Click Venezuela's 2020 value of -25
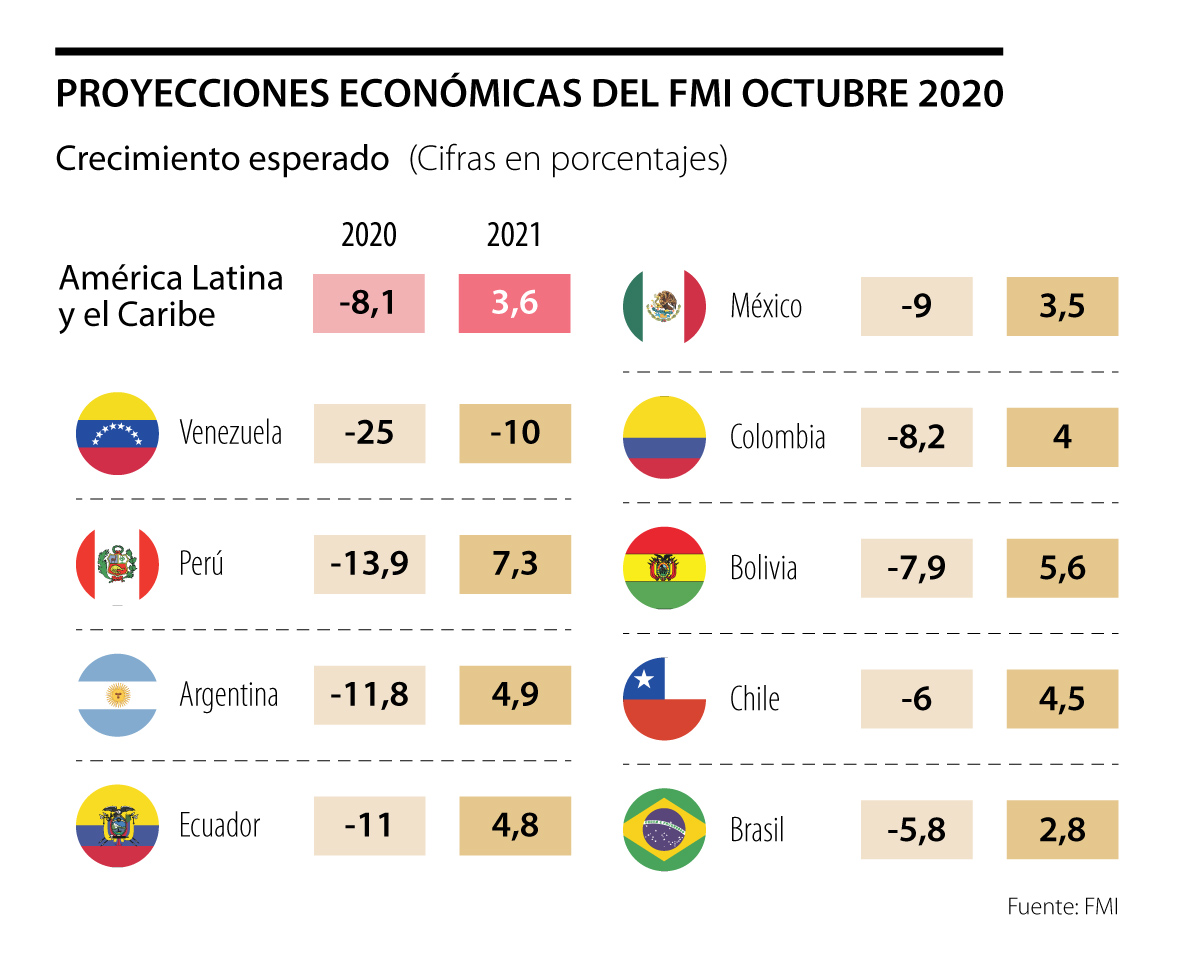click(x=369, y=433)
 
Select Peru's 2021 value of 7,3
click(x=515, y=564)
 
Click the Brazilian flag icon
click(x=665, y=829)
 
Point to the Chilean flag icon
click(x=665, y=698)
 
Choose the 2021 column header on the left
click(x=514, y=235)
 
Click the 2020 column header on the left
click(x=369, y=235)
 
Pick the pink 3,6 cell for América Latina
click(x=515, y=303)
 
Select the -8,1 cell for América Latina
click(x=369, y=303)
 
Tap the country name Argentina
click(x=229, y=695)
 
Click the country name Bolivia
click(x=764, y=569)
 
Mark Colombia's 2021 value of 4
click(x=1062, y=437)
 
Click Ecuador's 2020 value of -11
click(x=369, y=826)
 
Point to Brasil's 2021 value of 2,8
click(x=1062, y=830)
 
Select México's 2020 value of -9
click(x=916, y=306)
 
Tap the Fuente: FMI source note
click(x=1062, y=907)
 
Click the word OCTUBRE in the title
click(x=823, y=93)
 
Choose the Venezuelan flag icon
click(x=117, y=433)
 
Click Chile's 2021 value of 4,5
click(x=1062, y=699)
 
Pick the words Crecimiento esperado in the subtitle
click(x=222, y=159)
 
